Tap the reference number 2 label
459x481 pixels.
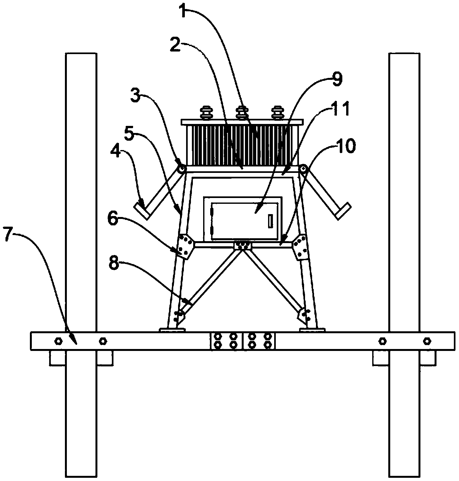pyautogui.click(x=176, y=45)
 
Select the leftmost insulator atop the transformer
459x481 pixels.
pyautogui.click(x=205, y=113)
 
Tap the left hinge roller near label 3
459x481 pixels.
pyautogui.click(x=182, y=168)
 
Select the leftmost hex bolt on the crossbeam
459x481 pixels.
pyautogui.click(x=58, y=341)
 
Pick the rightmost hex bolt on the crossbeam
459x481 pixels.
pyautogui.click(x=426, y=341)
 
